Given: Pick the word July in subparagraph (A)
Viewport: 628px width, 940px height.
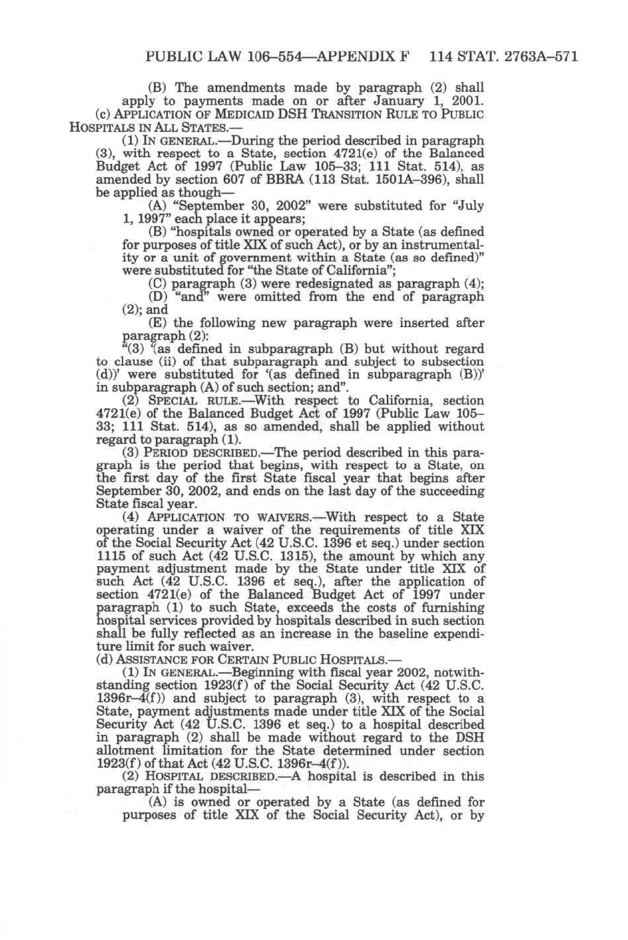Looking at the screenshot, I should (x=470, y=206).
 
